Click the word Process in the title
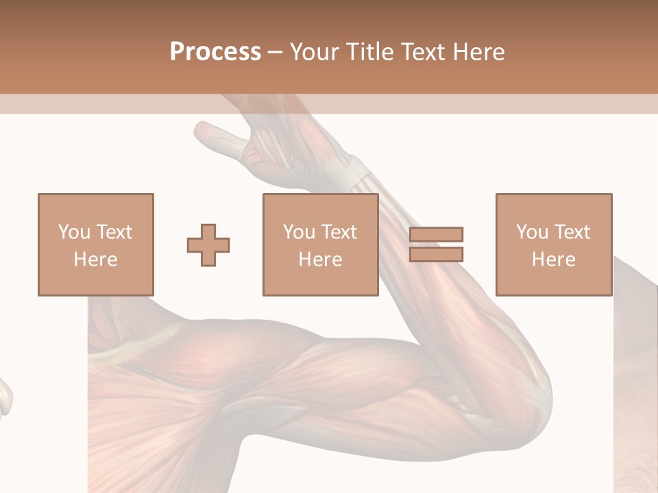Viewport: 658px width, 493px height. coord(215,52)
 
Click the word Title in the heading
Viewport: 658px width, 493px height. coord(367,52)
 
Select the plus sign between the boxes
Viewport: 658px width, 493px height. coord(208,244)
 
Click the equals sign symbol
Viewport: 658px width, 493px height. coord(436,244)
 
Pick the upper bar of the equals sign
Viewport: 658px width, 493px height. coord(436,234)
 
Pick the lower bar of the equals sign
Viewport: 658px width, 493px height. coord(436,254)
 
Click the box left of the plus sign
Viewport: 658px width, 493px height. coord(95,244)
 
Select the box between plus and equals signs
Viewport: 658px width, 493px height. coord(320,244)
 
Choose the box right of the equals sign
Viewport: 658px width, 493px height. coord(553,244)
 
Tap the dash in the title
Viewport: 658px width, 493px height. coord(276,52)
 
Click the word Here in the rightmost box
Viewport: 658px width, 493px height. coord(553,260)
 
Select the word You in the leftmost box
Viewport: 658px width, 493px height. coord(73,232)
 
